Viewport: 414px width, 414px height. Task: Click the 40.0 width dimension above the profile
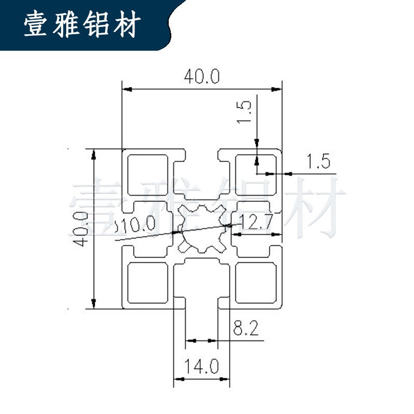pos(202,77)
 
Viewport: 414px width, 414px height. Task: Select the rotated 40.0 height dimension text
pos(81,228)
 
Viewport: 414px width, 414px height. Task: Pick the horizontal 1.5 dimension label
pos(318,162)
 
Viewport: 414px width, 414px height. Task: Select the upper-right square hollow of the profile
pos(256,174)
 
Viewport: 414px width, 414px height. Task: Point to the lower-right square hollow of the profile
pos(256,283)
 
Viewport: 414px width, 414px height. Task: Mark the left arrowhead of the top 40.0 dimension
pos(126,90)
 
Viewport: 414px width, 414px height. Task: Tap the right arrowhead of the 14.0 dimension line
pos(226,380)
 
